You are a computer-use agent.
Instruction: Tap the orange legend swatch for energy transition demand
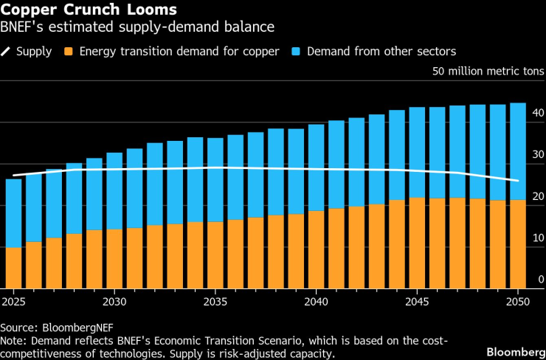coord(69,52)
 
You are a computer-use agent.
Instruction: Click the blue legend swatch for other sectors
coord(296,52)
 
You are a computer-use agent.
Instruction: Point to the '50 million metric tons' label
coord(488,72)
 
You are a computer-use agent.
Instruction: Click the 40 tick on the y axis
coord(538,113)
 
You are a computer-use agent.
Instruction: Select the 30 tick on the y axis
coord(538,155)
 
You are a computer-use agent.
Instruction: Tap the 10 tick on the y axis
coord(538,238)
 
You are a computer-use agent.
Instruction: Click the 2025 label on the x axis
coord(13,302)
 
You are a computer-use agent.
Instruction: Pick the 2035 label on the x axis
coord(215,302)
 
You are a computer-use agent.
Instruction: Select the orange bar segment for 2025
coord(13,268)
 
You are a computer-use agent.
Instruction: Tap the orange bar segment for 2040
coord(317,249)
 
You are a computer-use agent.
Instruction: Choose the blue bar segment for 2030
coord(114,191)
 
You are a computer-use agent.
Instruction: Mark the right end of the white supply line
coord(519,181)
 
